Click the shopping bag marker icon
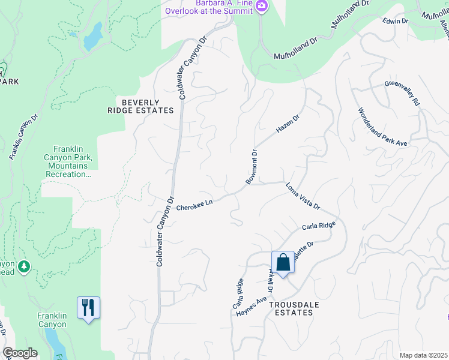[x=283, y=262]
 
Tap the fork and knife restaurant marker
[x=88, y=308]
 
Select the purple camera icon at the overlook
[x=261, y=6]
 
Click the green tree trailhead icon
[x=24, y=266]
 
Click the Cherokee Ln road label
[x=194, y=205]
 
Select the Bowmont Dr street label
[x=252, y=167]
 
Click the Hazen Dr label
[x=287, y=124]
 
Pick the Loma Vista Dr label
[x=303, y=196]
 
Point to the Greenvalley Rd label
[x=402, y=94]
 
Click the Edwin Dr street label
[x=396, y=21]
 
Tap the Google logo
[x=20, y=353]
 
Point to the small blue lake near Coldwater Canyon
[x=93, y=37]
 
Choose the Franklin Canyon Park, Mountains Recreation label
[x=67, y=161]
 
